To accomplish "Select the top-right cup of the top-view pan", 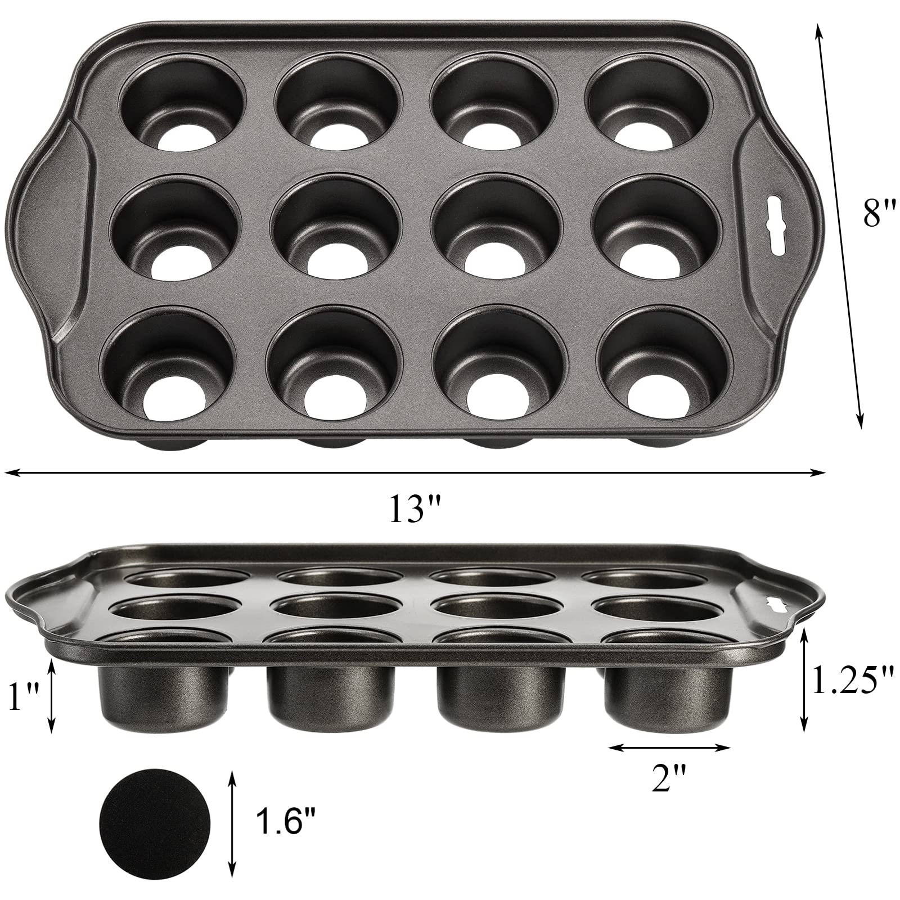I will pyautogui.click(x=652, y=101).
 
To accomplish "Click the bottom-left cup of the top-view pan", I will pyautogui.click(x=168, y=371).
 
